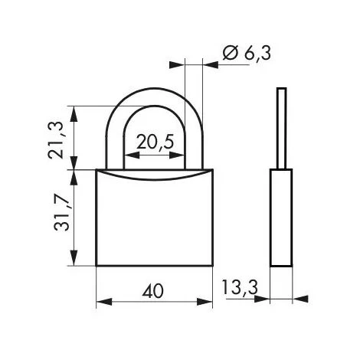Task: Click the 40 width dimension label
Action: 152,291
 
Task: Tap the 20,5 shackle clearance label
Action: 155,142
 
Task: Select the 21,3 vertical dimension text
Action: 55,140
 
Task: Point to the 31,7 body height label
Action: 61,212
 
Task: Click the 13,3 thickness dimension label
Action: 240,287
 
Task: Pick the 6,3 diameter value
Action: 257,54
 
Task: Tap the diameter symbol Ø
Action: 231,53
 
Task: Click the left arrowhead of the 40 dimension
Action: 104,302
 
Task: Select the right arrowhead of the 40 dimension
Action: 205,302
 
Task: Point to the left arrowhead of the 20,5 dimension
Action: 132,155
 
